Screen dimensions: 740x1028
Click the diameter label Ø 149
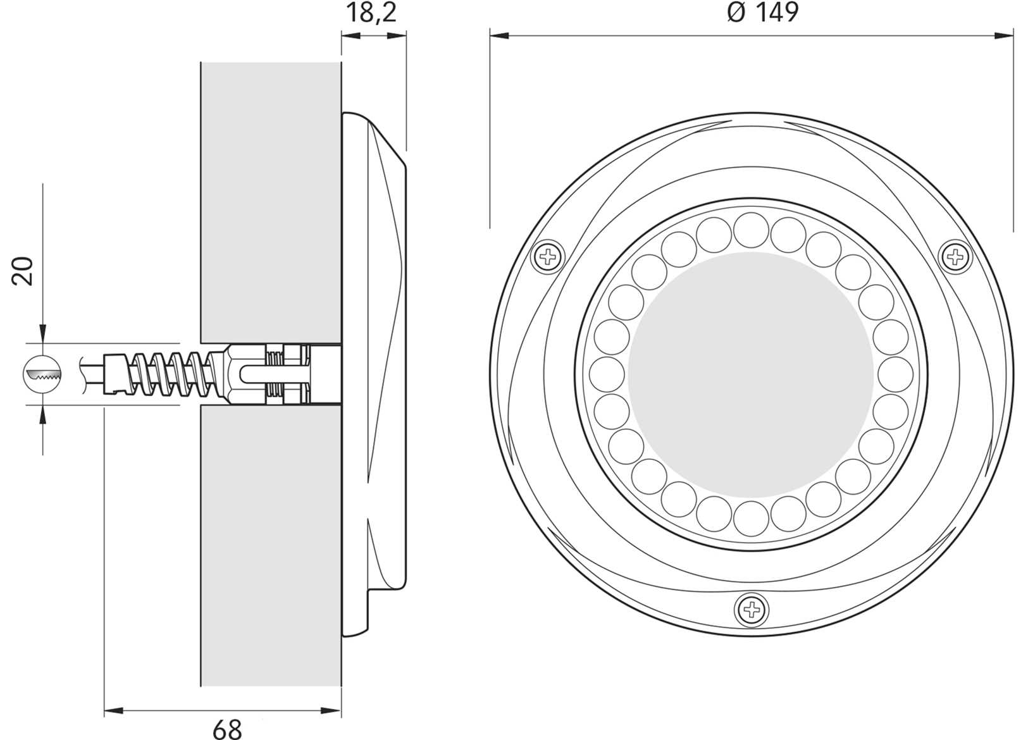point(764,12)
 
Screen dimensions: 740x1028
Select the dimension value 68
point(227,729)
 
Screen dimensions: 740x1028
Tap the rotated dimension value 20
point(23,271)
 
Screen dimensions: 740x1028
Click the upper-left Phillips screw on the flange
point(548,257)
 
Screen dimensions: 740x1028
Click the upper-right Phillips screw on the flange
point(955,257)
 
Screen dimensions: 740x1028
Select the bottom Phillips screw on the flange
point(752,610)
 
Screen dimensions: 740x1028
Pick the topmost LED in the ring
point(751,230)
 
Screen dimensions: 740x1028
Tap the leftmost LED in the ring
point(607,374)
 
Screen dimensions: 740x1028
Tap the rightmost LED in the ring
point(895,374)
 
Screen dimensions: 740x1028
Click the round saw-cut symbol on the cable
point(42,374)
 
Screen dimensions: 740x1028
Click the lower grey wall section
point(271,544)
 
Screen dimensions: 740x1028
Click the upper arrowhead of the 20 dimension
point(42,335)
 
